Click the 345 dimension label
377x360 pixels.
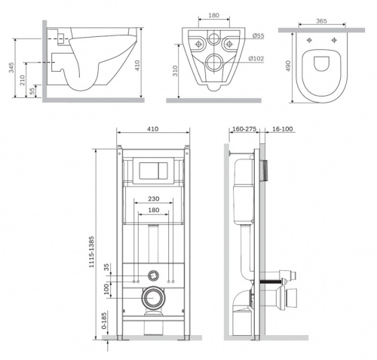pos(11,68)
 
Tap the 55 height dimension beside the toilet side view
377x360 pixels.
pos(32,91)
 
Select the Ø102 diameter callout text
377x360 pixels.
pos(256,59)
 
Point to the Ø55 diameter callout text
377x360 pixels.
pos(258,35)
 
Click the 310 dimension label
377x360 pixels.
pos(175,71)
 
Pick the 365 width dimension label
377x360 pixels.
pos(321,21)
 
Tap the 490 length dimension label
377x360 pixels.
pos(288,66)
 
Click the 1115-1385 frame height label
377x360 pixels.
pos(92,251)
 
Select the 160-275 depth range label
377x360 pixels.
pos(244,129)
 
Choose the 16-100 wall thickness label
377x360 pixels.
pos(283,129)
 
